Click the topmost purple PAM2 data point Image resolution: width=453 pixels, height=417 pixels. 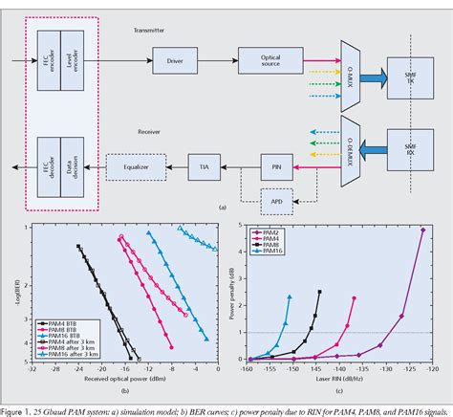[422, 230]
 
